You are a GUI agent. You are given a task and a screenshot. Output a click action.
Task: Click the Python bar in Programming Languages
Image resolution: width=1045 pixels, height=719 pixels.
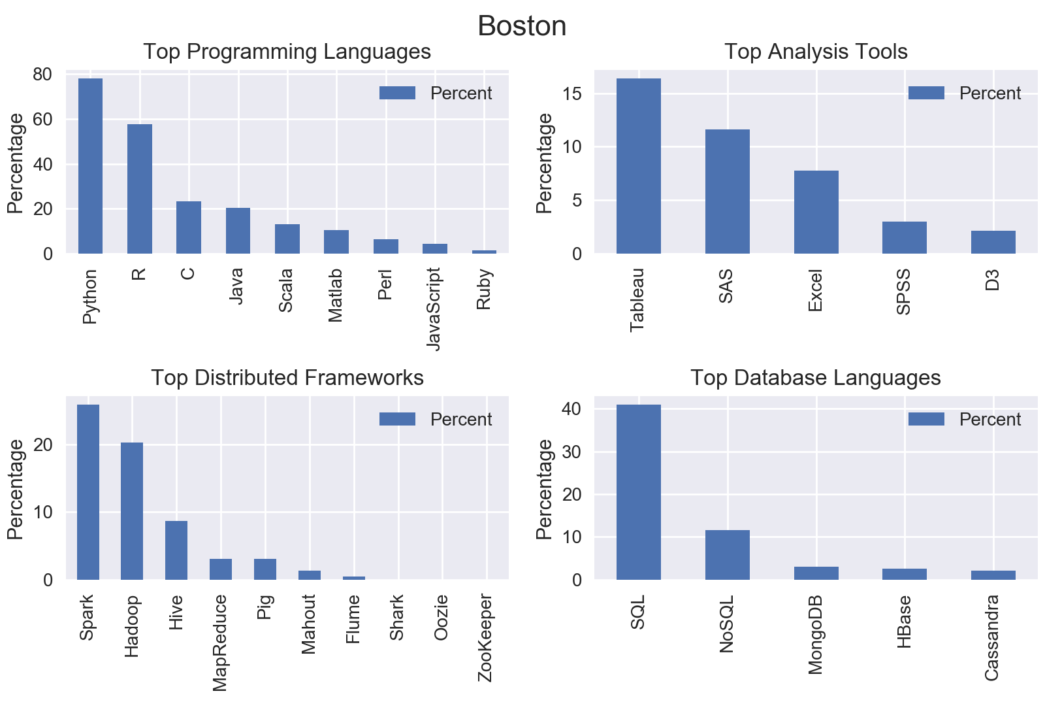tap(90, 166)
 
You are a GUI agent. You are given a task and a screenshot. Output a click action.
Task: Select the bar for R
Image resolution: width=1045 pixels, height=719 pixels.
tap(140, 189)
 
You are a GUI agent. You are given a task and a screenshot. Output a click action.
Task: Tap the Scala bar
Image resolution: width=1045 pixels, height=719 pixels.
tap(287, 239)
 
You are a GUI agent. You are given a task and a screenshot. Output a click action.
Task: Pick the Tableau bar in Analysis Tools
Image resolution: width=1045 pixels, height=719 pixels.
tap(638, 166)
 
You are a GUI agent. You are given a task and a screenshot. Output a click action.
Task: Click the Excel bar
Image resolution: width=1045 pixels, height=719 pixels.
tap(816, 212)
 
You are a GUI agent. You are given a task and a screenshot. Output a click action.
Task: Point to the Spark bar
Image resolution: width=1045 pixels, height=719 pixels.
tap(88, 492)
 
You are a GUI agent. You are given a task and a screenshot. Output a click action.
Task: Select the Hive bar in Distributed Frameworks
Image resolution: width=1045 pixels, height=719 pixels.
tap(176, 550)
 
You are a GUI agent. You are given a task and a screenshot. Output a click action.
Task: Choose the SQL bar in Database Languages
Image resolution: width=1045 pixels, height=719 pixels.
tap(638, 492)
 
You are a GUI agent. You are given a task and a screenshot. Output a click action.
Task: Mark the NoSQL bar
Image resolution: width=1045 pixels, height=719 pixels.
tap(727, 555)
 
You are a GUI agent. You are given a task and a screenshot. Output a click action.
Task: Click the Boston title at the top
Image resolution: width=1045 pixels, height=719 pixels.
tap(522, 27)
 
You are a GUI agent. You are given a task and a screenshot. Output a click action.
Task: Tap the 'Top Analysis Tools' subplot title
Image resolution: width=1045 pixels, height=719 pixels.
tap(816, 52)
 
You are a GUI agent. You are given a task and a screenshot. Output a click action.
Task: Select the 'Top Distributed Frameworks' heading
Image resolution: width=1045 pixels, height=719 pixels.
tap(287, 378)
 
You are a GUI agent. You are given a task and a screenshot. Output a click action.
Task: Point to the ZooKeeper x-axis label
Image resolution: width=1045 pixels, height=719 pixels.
tap(485, 638)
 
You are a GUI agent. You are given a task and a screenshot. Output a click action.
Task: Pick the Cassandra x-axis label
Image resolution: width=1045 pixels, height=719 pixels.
tap(992, 637)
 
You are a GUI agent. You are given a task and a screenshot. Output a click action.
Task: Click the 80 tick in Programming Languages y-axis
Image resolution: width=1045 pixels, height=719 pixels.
tap(42, 75)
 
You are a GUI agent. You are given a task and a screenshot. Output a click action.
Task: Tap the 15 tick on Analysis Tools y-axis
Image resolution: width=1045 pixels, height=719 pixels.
tap(571, 94)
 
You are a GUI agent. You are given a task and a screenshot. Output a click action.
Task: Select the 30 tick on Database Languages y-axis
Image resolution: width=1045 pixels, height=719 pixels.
tap(571, 452)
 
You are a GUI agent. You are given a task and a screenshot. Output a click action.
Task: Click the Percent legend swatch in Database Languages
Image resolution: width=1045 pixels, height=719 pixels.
tap(925, 420)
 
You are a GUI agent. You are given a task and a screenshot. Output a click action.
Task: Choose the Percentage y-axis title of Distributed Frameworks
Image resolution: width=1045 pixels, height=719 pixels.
tap(16, 489)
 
